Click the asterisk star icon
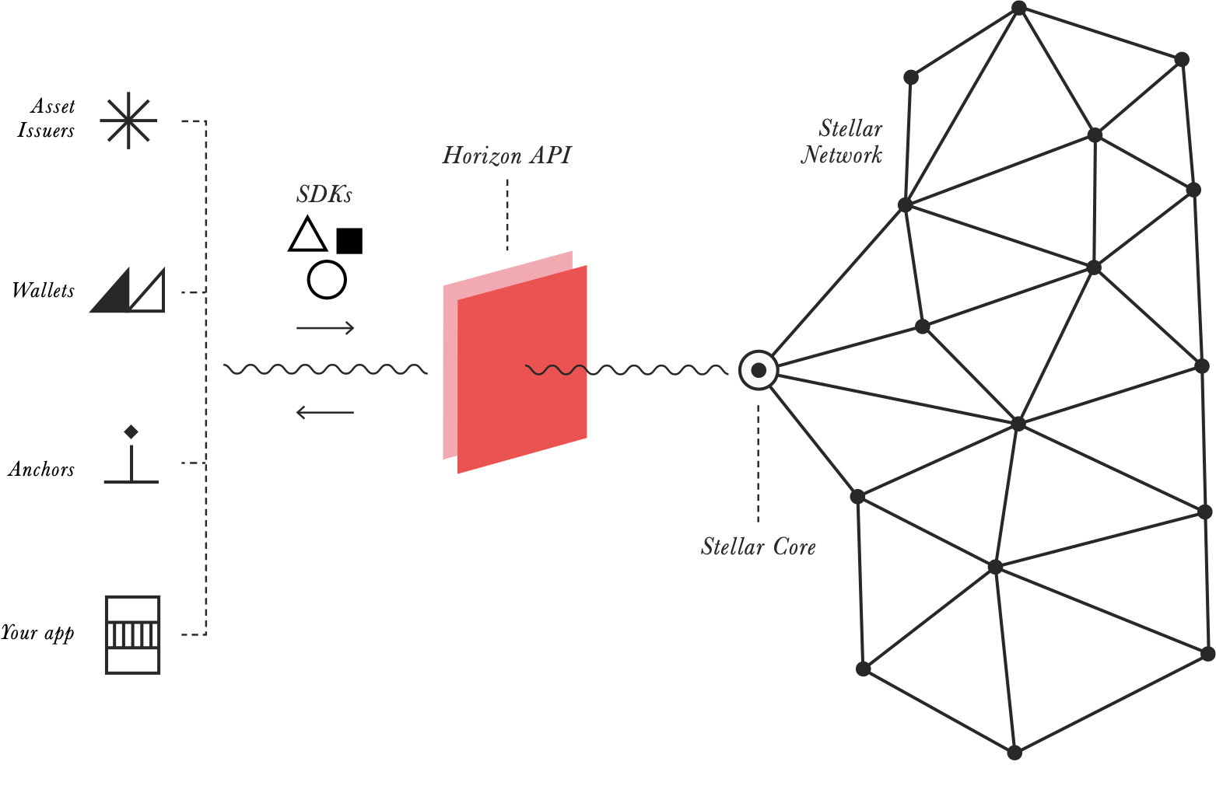128,121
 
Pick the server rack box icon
132,634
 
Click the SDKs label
324,194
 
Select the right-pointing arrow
325,328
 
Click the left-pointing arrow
325,412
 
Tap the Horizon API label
506,155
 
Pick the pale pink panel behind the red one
450,373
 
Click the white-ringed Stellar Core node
758,370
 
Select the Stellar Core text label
758,547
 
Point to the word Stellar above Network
850,128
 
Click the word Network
842,155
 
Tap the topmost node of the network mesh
1018,8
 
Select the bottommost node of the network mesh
1015,753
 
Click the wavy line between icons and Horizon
325,369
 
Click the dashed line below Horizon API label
507,214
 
